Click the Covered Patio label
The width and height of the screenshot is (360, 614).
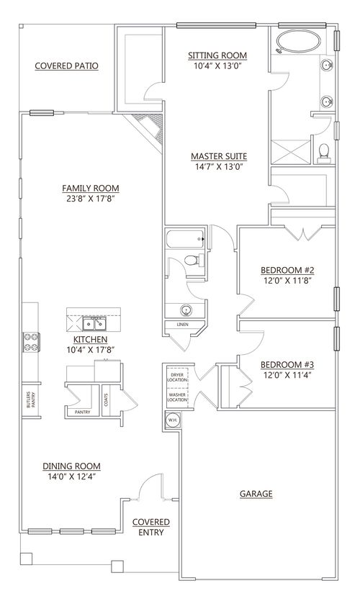tap(66, 66)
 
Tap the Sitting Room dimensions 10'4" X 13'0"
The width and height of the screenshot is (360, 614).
tap(217, 66)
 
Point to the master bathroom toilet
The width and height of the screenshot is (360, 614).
tap(323, 151)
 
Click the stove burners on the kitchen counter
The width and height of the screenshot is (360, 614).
tap(32, 341)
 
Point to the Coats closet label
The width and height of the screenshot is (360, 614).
tap(106, 397)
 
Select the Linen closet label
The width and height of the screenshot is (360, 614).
tap(182, 325)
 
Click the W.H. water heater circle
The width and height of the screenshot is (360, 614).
tap(173, 420)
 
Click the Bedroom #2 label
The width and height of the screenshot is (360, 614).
tap(287, 271)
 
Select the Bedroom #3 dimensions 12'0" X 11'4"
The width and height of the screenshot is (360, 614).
tap(287, 375)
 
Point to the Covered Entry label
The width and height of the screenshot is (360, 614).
tap(151, 527)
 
